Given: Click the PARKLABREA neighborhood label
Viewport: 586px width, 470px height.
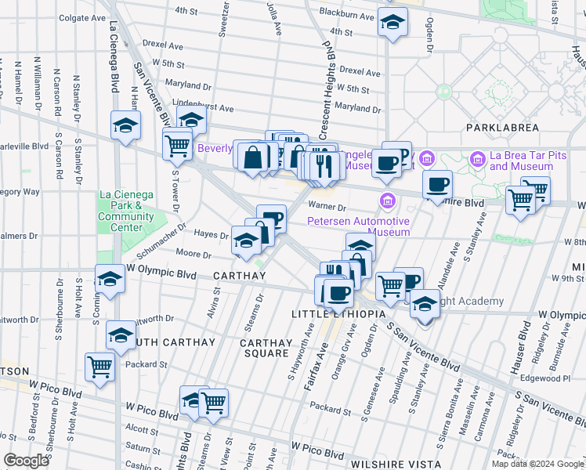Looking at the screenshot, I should coord(503,126).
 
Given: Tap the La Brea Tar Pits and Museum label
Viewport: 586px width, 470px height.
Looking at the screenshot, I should coord(529,161).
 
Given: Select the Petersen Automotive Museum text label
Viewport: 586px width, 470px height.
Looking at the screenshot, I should coord(358,226).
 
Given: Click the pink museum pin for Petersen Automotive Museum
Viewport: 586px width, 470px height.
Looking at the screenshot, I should coord(386,202).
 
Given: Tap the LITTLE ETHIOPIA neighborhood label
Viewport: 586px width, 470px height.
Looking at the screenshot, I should coord(338,314).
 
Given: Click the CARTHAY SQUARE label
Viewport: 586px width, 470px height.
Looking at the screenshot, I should coord(266,348).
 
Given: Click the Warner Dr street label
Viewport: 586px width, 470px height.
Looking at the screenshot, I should coord(327,208).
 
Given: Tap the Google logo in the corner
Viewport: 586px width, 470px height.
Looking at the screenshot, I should coord(26,461).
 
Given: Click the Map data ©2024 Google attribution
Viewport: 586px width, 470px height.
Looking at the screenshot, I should coord(537,464).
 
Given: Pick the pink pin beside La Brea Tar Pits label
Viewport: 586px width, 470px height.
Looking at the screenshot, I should coord(478,160).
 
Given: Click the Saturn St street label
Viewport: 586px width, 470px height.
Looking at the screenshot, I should coord(143,448).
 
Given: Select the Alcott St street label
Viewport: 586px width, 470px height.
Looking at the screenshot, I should coord(142,429).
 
